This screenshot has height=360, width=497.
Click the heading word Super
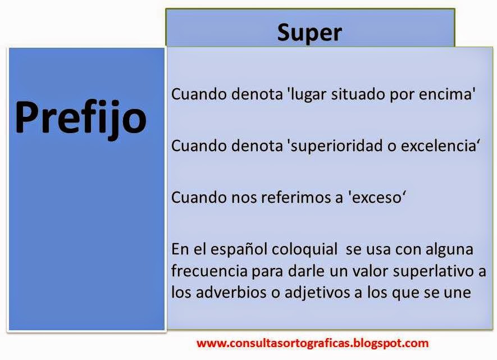(x=309, y=33)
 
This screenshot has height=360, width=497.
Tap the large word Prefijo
(x=80, y=118)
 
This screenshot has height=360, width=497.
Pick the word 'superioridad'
(x=334, y=146)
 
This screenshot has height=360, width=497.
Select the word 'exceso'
(x=374, y=198)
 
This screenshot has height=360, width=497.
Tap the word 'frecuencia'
(x=209, y=271)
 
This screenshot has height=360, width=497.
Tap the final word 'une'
(x=458, y=293)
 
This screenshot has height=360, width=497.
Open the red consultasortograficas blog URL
(x=313, y=343)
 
